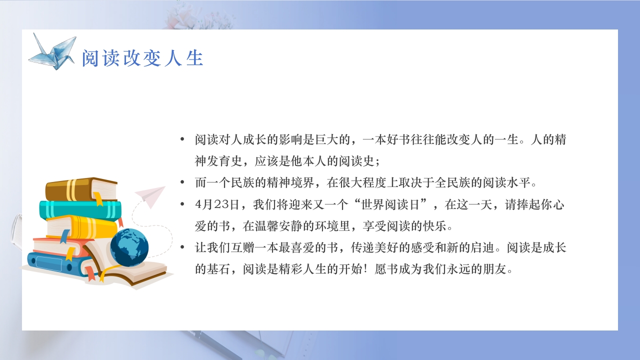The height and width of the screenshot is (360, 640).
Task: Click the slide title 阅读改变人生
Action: pos(142,58)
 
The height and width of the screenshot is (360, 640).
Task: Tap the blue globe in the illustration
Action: pos(129,247)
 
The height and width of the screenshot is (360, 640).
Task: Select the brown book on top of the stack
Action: pos(81,189)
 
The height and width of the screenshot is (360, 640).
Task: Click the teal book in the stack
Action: pos(80,209)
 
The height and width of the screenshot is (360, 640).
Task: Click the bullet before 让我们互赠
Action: pos(182,247)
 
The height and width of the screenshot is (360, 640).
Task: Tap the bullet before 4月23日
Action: pos(182,204)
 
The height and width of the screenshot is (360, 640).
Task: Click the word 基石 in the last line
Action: pos(222,269)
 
